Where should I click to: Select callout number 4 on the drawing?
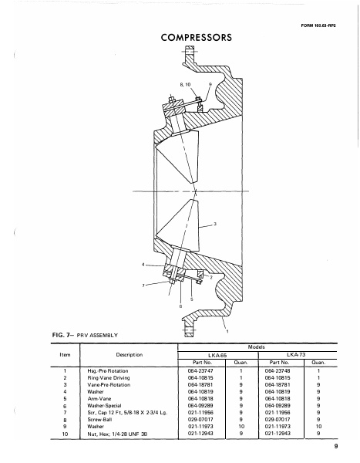coord(143,264)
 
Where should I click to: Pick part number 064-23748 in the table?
coord(276,372)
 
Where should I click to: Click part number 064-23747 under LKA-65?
coord(196,372)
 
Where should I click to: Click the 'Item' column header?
coord(42,356)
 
